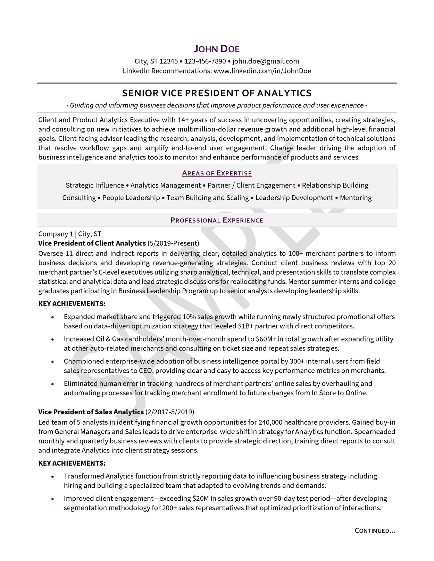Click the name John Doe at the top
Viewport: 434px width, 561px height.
coord(217,49)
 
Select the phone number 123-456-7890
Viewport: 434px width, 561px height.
coord(205,61)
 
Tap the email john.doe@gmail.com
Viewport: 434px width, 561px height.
coord(266,61)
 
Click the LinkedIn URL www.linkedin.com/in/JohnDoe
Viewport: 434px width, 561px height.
coord(262,71)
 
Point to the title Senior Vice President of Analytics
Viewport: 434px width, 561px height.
coord(217,93)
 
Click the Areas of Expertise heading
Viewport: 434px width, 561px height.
coord(217,173)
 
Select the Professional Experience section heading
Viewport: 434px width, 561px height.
coord(217,220)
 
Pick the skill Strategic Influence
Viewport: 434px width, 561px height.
coord(95,185)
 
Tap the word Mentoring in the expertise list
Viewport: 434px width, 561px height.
coord(356,198)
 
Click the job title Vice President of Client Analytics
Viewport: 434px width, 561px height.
coord(92,243)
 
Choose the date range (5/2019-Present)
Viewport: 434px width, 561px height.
coord(173,243)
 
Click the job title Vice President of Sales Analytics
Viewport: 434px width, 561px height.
coord(91,412)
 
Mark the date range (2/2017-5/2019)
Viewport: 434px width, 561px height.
coord(170,412)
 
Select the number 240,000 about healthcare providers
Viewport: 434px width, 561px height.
coord(270,422)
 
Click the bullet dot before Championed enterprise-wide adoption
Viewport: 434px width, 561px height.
coord(52,362)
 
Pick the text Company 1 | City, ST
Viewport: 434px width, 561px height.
coord(70,234)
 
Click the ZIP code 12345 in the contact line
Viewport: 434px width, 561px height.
coord(169,61)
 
